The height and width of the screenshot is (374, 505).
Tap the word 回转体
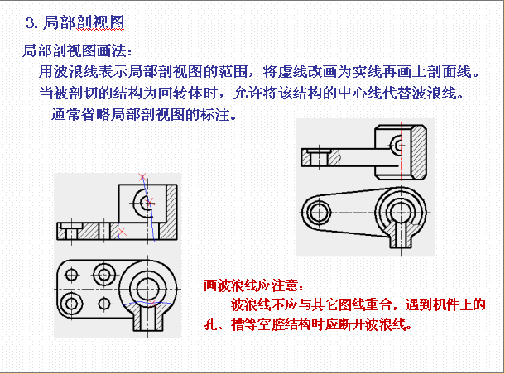(180, 93)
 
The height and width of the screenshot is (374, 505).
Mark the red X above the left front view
(142, 177)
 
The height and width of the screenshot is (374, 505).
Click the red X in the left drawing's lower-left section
(123, 231)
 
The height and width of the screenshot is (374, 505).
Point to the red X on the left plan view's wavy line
(152, 303)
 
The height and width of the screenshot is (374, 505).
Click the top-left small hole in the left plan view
(71, 275)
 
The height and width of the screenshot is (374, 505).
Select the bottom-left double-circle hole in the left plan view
(71, 304)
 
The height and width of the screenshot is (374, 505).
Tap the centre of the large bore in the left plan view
(148, 289)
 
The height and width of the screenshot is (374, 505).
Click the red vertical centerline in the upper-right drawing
(402, 152)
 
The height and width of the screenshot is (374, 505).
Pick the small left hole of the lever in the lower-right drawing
(319, 213)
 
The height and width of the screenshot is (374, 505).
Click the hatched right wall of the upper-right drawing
(420, 152)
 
